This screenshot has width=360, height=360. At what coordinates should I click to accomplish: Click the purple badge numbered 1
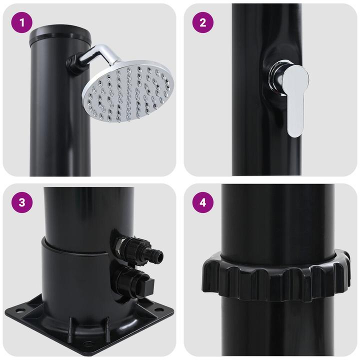pos(21,22)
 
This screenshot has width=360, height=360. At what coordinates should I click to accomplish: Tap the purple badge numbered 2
pos(202,22)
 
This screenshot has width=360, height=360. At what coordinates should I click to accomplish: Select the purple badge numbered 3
pos(21,202)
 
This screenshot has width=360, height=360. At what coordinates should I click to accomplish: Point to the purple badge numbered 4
pos(202,202)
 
